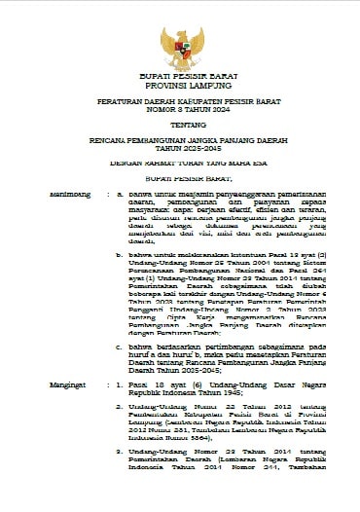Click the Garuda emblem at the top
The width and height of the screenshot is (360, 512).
tap(180, 43)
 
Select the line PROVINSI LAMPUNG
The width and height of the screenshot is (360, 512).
tap(180, 84)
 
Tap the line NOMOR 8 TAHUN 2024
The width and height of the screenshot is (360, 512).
tap(180, 110)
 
